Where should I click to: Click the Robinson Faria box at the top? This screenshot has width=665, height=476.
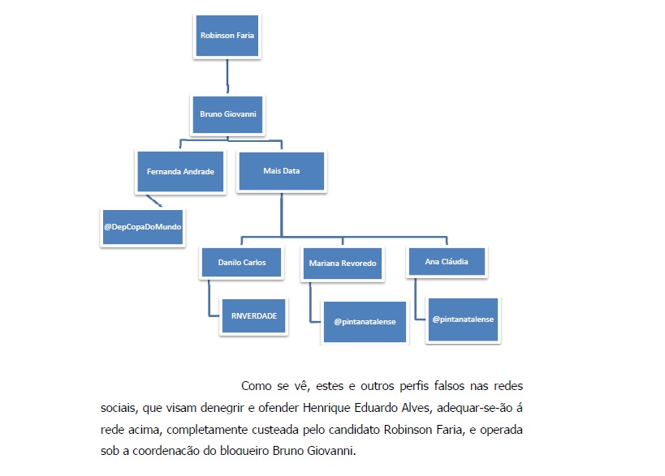click(227, 36)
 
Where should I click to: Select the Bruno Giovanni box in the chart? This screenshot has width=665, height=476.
click(227, 114)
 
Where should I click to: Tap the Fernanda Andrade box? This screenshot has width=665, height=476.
click(180, 172)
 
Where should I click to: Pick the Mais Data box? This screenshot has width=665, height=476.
click(282, 171)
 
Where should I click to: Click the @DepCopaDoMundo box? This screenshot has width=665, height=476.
click(143, 227)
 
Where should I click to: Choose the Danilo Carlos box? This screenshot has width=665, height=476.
click(242, 263)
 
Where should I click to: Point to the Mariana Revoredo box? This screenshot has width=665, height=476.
click(343, 264)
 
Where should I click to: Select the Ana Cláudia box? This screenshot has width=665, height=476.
click(447, 262)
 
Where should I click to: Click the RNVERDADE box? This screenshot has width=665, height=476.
click(254, 316)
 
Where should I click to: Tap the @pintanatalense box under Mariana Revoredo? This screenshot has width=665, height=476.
click(365, 322)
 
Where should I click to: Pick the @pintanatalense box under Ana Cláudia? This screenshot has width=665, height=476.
click(463, 319)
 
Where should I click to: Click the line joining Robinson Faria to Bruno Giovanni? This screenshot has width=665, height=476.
click(227, 75)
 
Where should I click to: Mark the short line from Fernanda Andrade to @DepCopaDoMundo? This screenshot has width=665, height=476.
click(154, 201)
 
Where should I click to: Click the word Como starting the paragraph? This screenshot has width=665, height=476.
click(256, 386)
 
